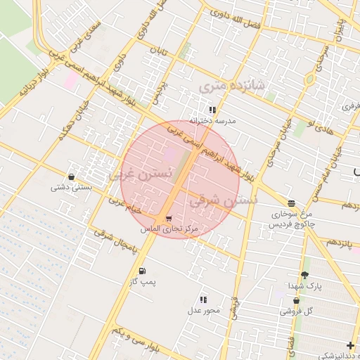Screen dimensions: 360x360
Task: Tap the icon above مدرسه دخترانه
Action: tap(212, 110)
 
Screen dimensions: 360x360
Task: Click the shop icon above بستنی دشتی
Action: tap(71, 176)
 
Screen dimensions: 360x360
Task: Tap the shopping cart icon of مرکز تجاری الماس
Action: tap(169, 219)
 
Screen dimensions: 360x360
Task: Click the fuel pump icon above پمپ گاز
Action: tap(143, 271)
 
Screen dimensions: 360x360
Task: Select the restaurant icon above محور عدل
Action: tap(204, 300)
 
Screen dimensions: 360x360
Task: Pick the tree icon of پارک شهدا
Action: tap(304, 275)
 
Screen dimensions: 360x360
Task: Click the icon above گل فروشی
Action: tap(296, 300)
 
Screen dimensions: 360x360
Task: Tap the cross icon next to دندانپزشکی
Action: tap(350, 345)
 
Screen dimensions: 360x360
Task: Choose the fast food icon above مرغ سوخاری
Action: tap(291, 202)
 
